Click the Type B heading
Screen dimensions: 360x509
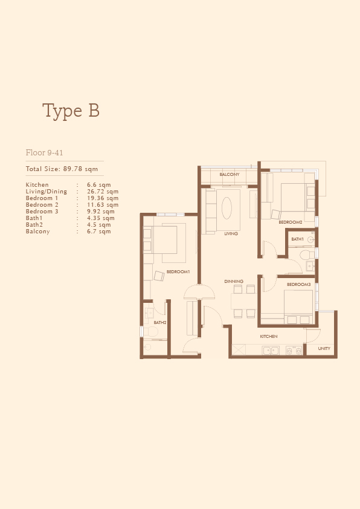click(x=71, y=111)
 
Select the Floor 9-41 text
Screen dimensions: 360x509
click(x=45, y=152)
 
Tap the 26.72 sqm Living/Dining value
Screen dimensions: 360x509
click(x=103, y=192)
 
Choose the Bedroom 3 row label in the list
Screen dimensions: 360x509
click(x=42, y=212)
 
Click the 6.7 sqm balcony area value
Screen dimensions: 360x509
click(x=99, y=232)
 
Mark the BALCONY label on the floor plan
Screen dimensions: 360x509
click(x=230, y=174)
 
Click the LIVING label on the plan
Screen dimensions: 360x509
click(x=231, y=233)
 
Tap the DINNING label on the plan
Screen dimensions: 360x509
click(x=234, y=282)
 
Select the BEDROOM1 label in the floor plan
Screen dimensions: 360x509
click(x=178, y=271)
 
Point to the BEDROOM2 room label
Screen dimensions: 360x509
click(x=291, y=222)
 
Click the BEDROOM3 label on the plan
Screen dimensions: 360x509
click(x=299, y=284)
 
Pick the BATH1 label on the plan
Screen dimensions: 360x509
click(x=297, y=239)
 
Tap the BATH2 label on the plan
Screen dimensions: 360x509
click(x=160, y=323)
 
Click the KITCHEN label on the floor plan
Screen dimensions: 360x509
click(x=269, y=337)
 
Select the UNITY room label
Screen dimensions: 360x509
click(x=324, y=349)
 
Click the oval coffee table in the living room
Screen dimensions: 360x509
click(x=227, y=208)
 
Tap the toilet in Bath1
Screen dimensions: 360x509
click(x=307, y=255)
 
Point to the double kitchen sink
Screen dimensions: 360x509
click(x=271, y=351)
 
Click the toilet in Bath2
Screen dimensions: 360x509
click(x=150, y=332)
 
